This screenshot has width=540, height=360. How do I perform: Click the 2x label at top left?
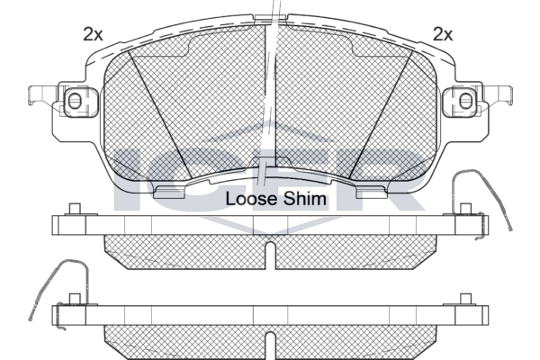point(93,34)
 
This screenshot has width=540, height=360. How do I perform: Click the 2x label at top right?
point(443,34)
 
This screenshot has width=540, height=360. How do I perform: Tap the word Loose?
point(251,199)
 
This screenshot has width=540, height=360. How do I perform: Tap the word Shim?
point(304,199)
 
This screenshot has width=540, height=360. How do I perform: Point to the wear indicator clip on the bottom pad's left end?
point(59,292)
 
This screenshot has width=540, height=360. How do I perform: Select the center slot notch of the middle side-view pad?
point(270,255)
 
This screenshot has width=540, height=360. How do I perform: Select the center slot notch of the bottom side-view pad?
point(270,346)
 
